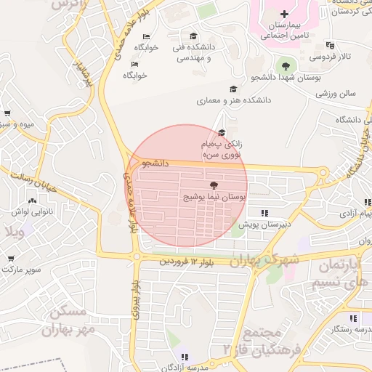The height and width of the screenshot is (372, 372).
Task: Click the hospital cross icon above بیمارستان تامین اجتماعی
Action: [285, 14]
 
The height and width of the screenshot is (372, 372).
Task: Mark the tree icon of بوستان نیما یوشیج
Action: [213, 187]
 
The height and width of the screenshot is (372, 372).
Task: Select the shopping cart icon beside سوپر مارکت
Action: [11, 258]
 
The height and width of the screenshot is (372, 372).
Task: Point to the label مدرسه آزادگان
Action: [185, 366]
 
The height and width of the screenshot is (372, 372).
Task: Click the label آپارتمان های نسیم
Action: [341, 273]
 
